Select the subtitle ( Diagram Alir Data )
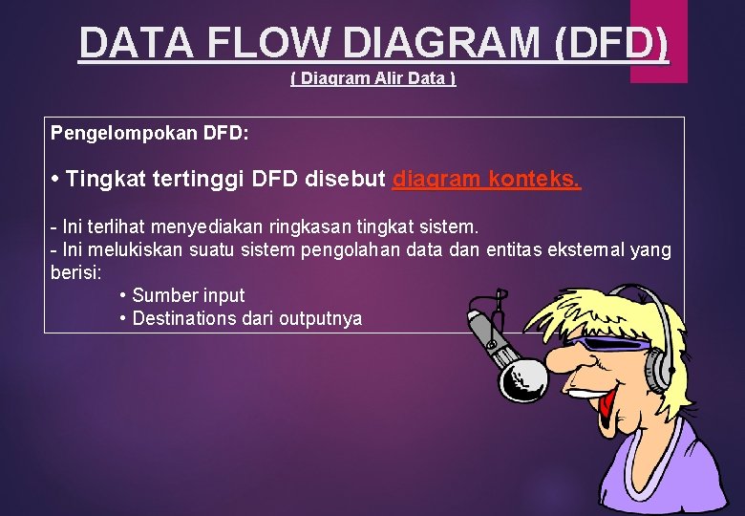pos(372,78)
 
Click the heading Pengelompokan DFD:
pos(150,133)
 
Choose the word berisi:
pos(74,272)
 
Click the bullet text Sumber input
pos(188,295)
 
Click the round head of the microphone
pos(521,377)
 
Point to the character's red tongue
pos(606,405)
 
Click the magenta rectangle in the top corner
pos(659,38)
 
